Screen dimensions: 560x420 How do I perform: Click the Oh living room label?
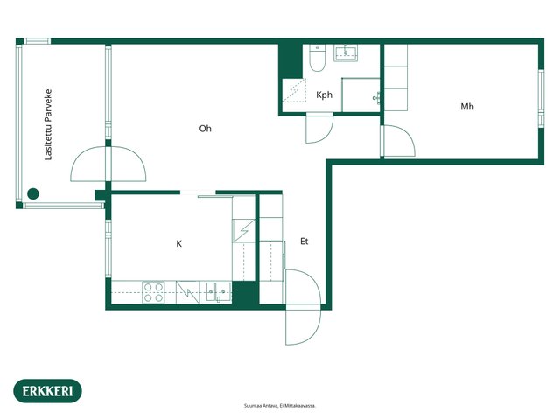pyautogui.click(x=206, y=129)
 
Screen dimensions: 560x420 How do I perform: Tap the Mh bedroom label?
pyautogui.click(x=467, y=107)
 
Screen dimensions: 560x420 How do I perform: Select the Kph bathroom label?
pyautogui.click(x=325, y=94)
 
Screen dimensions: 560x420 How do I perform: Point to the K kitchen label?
pyautogui.click(x=178, y=243)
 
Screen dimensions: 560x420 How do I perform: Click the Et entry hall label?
pyautogui.click(x=304, y=241)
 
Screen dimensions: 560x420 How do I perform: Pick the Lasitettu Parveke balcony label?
pyautogui.click(x=48, y=124)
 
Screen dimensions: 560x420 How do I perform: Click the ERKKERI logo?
pyautogui.click(x=47, y=391)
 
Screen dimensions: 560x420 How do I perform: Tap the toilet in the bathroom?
pyautogui.click(x=317, y=58)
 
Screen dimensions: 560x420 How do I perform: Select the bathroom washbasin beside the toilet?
pyautogui.click(x=346, y=52)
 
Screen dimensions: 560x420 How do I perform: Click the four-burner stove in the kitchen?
pyautogui.click(x=154, y=292)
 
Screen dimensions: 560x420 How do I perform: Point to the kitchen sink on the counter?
pyautogui.click(x=219, y=292)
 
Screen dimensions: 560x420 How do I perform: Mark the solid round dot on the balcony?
pyautogui.click(x=33, y=193)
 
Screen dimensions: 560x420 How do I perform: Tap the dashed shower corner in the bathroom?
pyautogui.click(x=295, y=91)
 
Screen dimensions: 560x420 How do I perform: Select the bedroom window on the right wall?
pyautogui.click(x=542, y=99)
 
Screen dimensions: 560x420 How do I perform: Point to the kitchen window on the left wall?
pyautogui.click(x=108, y=248)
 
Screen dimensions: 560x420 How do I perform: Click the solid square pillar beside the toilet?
pyautogui.click(x=290, y=60)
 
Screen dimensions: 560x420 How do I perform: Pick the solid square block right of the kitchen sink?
pyautogui.click(x=245, y=293)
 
